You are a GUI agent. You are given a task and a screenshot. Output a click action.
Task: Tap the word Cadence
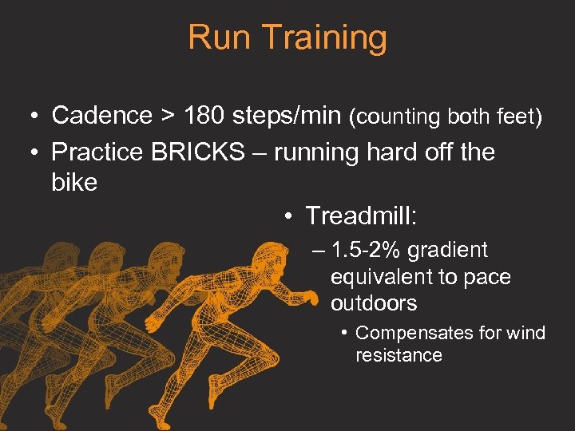click(101, 116)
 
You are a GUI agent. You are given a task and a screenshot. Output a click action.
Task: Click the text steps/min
click(287, 117)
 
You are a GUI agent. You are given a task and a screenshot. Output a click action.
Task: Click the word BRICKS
click(197, 152)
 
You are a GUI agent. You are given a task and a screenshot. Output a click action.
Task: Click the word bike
click(74, 183)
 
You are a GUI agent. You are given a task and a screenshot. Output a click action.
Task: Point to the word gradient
click(447, 251)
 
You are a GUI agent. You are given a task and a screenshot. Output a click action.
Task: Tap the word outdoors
click(374, 303)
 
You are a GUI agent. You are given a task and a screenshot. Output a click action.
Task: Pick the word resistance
click(399, 355)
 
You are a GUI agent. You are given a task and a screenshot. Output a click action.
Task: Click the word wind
click(527, 333)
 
